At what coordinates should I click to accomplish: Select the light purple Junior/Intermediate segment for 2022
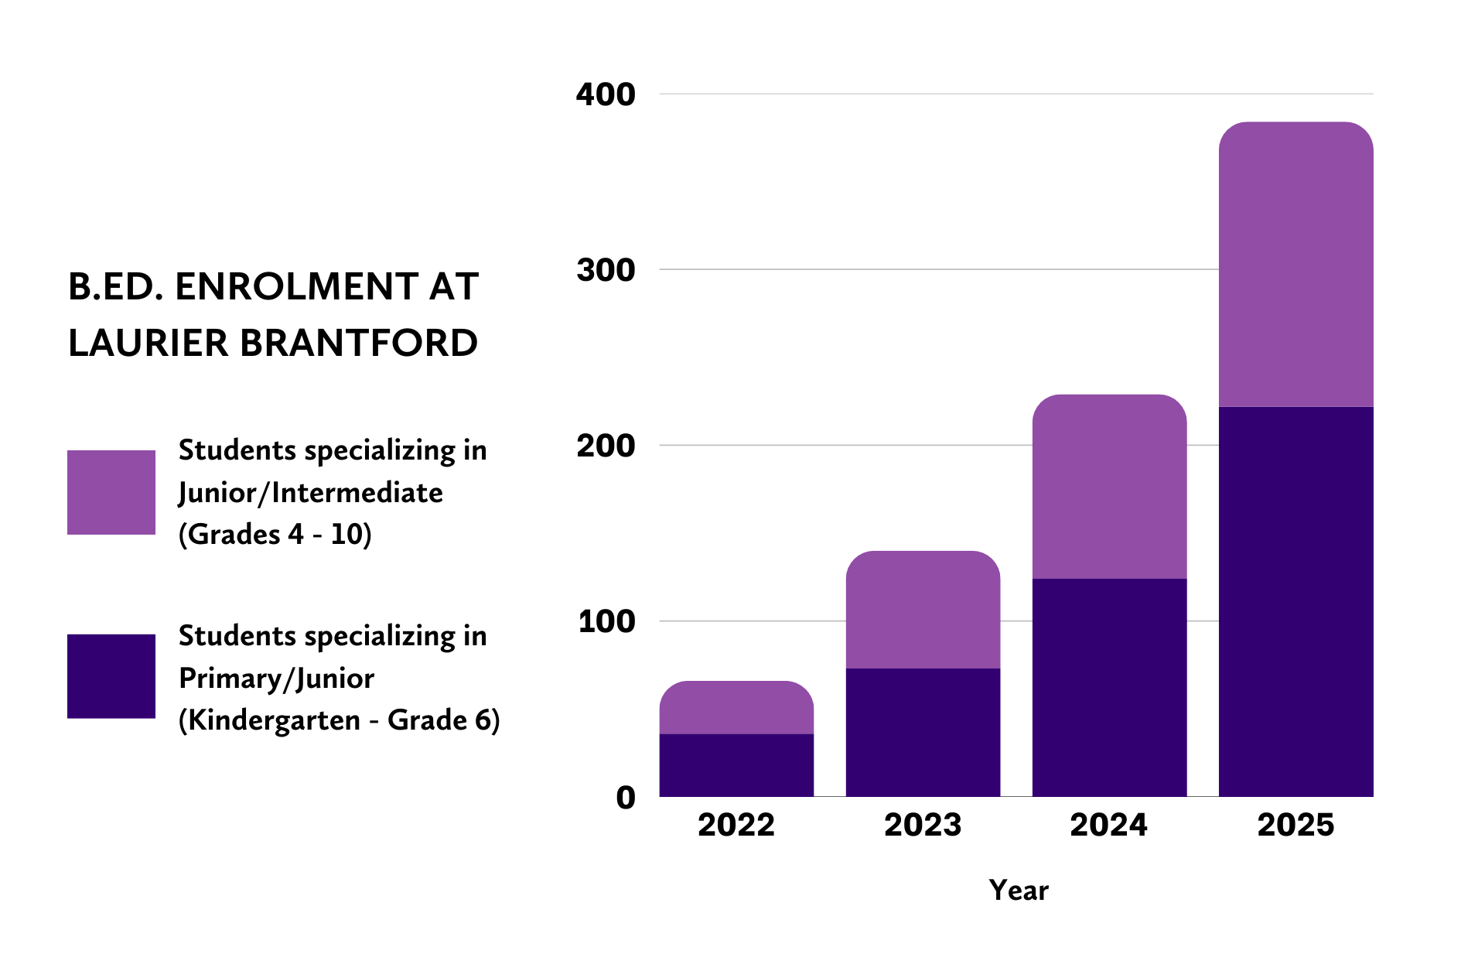point(736,707)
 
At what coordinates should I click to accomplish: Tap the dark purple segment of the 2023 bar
point(922,732)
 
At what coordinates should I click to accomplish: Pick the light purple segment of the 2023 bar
point(922,610)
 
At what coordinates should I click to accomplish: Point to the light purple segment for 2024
point(1109,487)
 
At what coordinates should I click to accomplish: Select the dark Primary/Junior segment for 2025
point(1295,601)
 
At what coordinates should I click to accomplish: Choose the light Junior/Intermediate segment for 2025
point(1295,264)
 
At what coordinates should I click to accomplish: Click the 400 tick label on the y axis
point(606,94)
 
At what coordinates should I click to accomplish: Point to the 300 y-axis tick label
point(606,270)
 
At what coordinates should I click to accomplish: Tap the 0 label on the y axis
point(626,797)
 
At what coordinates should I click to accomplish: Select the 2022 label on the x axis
point(736,825)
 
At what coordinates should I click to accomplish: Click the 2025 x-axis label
point(1295,825)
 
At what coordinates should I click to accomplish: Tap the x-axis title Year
point(1019,891)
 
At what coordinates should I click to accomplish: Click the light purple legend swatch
point(111,492)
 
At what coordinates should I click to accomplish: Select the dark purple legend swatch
point(111,676)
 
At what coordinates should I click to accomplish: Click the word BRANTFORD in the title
point(359,343)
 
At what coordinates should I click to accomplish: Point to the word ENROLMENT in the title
point(297,286)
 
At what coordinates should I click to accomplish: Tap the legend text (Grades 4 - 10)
point(275,534)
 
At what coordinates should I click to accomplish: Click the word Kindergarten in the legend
point(275,720)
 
